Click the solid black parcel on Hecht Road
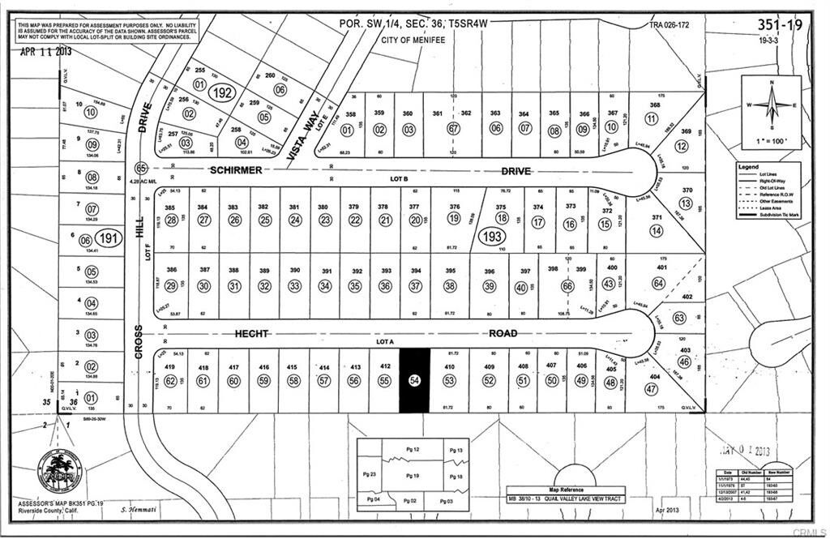(416, 381)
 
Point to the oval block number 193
(490, 237)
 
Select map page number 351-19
(779, 26)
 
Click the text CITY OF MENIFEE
(402, 38)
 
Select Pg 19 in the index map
(414, 475)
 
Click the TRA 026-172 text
(672, 25)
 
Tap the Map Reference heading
(566, 490)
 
